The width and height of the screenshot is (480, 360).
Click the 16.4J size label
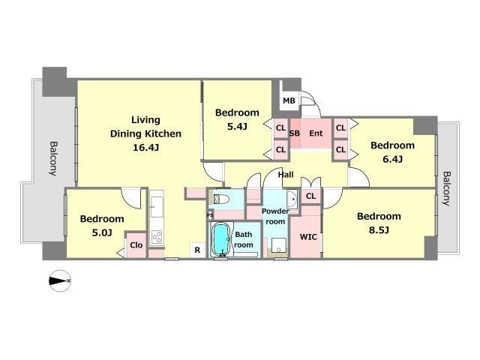point(145,148)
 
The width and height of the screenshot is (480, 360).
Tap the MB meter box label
point(289,100)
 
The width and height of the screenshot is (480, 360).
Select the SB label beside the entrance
point(295,133)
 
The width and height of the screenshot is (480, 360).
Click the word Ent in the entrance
point(316,133)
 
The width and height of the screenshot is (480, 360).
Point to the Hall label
point(286,175)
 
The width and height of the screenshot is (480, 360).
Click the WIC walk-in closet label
point(308,237)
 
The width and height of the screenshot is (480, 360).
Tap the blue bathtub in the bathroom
point(220,238)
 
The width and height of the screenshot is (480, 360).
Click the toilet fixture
point(221,199)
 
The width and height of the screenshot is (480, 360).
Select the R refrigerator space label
point(197,250)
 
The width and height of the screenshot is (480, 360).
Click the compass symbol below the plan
point(60,280)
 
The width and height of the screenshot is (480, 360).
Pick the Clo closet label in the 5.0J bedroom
point(136,245)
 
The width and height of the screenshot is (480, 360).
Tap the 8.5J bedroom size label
point(379,230)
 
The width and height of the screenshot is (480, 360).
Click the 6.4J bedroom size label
point(392,159)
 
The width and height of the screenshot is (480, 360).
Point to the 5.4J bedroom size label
point(237,127)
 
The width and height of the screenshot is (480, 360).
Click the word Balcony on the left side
point(53,158)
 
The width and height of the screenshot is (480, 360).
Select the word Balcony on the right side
point(447,188)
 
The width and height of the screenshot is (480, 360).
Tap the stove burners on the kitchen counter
point(157,237)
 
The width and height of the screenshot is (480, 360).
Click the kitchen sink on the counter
point(157,207)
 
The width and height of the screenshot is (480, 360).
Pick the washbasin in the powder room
point(292,199)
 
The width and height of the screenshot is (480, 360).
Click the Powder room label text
point(275,216)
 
